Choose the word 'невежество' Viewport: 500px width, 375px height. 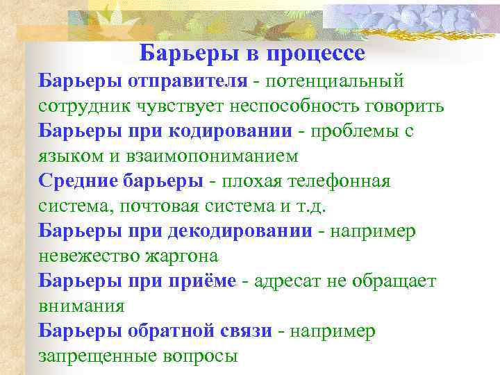point(87,256)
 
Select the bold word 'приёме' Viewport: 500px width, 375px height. point(203,281)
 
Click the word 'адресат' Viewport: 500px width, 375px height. point(286,281)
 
